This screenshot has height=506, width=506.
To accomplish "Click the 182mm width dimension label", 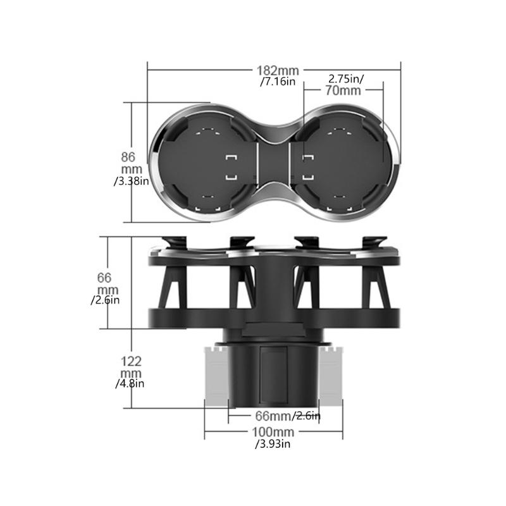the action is pos(278,70).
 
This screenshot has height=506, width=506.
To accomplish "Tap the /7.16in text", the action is pos(278,82).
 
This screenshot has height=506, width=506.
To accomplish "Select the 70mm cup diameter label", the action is pos(343,90).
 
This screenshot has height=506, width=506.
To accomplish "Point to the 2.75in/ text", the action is pos(346,78).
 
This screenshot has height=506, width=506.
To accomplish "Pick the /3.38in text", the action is pos(132,181).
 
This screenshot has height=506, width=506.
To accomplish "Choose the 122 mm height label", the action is pos(131,367).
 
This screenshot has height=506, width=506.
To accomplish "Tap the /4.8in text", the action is pos(130,384).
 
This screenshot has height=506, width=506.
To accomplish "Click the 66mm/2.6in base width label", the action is pos(288,416).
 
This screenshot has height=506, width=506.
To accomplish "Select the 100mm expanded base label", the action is pos(273,432).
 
